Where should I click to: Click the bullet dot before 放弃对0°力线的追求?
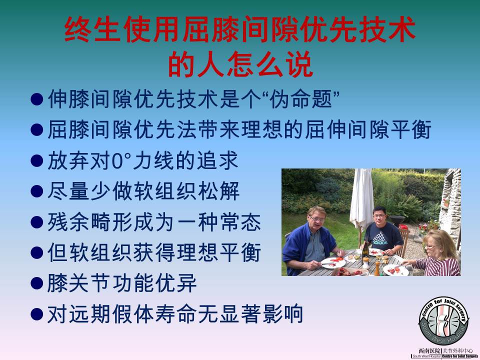(36, 160)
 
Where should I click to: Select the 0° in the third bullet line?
(121, 160)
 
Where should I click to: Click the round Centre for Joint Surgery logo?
(443, 321)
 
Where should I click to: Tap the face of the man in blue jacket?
(317, 220)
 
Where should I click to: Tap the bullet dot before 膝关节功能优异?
(36, 283)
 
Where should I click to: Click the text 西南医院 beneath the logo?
(428, 351)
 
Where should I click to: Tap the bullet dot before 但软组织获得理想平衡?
(36, 252)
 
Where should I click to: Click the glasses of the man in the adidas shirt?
(379, 216)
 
